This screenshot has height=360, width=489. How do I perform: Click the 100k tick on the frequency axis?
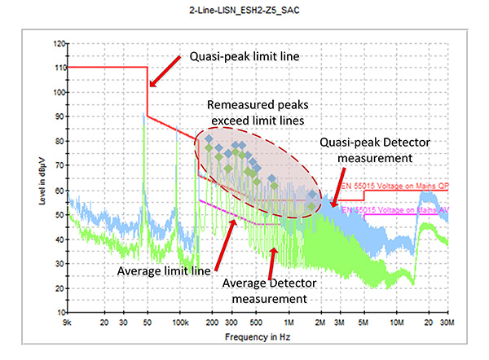179,323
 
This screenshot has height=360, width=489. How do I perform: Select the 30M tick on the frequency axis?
447,323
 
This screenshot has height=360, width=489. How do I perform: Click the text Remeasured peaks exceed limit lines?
257,113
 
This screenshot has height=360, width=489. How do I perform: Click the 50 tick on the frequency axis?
146,323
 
